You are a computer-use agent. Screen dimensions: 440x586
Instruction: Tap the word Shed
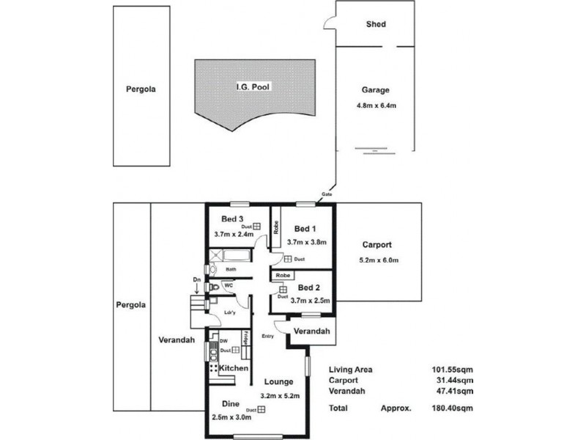[x=376, y=24]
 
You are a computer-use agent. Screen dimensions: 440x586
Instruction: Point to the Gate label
[x=326, y=194]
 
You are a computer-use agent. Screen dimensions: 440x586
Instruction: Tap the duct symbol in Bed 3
[x=257, y=227]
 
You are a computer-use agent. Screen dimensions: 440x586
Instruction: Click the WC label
[x=229, y=285]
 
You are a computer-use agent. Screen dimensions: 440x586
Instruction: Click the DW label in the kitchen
[x=223, y=341]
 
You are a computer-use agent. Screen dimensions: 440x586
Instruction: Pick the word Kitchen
[x=232, y=367]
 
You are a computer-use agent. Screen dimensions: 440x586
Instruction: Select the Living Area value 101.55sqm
[x=452, y=370]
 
